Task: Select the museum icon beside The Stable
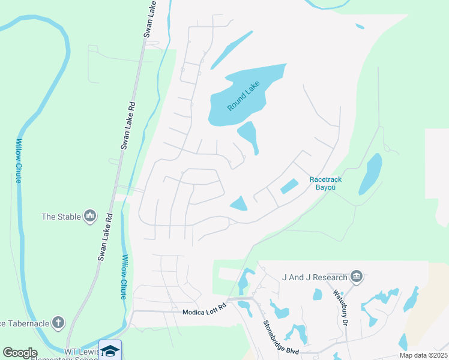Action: tap(91, 215)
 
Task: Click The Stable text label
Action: tap(61, 216)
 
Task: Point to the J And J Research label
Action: tap(315, 277)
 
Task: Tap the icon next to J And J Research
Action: tap(357, 277)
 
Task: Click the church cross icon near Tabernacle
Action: tap(58, 323)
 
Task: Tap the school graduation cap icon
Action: tap(110, 350)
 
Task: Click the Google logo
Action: tap(20, 353)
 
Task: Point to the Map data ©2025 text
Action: tap(424, 355)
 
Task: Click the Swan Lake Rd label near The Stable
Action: tap(105, 238)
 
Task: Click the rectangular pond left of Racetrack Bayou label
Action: tap(289, 187)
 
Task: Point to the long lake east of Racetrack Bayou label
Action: tap(370, 174)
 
